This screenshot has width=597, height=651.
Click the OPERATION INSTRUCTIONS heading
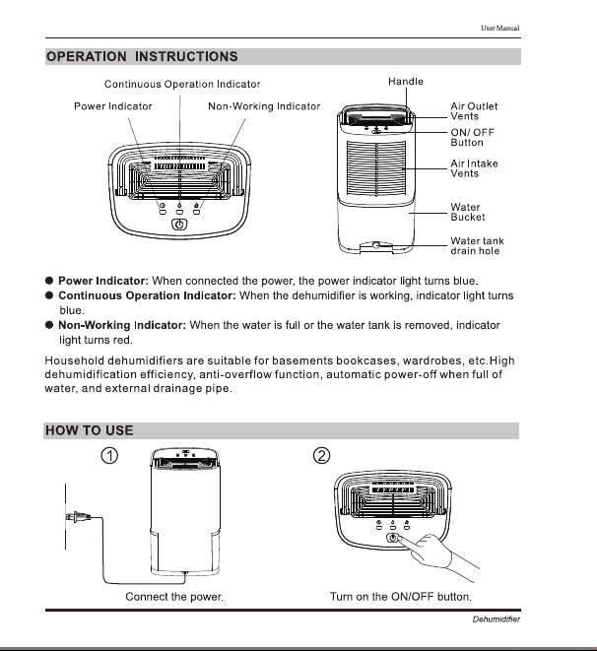tap(142, 56)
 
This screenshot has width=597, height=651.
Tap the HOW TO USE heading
tap(90, 430)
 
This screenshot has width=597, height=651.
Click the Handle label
tap(406, 82)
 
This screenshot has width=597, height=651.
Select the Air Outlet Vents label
tap(474, 111)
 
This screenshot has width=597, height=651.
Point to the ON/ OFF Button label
tap(473, 138)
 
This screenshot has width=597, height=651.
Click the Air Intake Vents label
tap(474, 168)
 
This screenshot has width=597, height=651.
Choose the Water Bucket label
tap(468, 212)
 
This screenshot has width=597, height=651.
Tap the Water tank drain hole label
tap(477, 246)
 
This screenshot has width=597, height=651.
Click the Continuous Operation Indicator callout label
tap(182, 85)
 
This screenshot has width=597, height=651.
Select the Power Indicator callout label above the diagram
tap(113, 106)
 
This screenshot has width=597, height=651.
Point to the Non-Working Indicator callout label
tap(264, 106)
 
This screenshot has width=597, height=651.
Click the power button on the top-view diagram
tap(179, 225)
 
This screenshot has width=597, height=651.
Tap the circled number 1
tap(109, 455)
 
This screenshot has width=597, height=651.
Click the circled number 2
tap(321, 455)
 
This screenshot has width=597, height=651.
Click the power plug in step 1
tap(78, 517)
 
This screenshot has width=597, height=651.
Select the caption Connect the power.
tap(174, 597)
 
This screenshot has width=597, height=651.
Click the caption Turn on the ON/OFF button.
tap(401, 597)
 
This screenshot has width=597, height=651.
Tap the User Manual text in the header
tap(499, 29)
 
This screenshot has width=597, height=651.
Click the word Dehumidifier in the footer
tap(497, 619)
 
